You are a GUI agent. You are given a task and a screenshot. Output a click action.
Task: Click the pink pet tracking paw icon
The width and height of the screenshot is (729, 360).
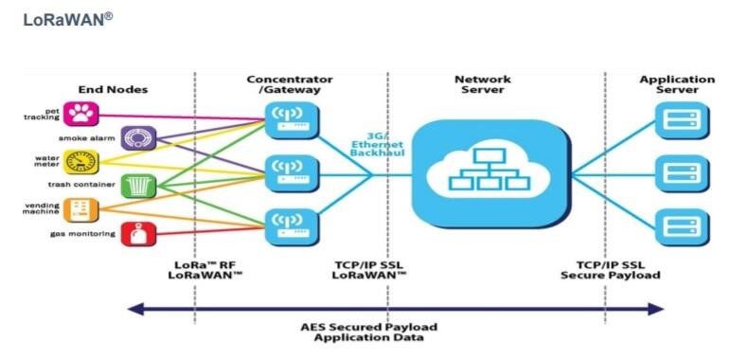81,114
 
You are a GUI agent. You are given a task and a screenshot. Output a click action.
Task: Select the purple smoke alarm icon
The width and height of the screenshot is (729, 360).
138,138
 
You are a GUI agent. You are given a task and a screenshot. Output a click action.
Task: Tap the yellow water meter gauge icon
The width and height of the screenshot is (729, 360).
81,162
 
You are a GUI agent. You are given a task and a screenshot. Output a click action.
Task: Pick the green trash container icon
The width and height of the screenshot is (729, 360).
138,186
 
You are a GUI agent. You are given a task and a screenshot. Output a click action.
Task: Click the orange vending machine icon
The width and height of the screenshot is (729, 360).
81,209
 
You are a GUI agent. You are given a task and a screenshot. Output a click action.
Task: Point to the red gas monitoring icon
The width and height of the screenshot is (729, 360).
138,234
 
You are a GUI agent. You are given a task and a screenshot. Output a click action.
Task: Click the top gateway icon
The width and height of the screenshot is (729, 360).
293,120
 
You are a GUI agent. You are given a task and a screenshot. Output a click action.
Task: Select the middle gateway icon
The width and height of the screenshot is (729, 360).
293,173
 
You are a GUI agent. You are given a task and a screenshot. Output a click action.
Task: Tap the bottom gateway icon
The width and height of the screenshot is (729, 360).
293,227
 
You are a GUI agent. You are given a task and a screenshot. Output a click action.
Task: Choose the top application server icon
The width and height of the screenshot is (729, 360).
683,120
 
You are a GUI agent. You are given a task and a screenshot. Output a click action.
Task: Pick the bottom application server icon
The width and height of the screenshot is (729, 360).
683,227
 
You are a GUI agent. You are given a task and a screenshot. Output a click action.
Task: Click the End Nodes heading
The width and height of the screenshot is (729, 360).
113,89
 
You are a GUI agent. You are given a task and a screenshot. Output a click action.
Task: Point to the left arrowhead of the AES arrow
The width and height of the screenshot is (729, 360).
135,309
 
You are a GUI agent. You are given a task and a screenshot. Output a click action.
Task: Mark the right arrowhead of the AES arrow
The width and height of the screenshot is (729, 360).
655,309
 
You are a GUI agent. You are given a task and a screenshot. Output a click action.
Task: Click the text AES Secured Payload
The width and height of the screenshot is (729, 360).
368,327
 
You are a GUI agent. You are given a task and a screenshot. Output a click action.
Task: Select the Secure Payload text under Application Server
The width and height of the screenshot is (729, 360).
611,275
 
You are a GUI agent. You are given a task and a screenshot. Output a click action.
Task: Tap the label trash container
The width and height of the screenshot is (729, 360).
81,185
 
